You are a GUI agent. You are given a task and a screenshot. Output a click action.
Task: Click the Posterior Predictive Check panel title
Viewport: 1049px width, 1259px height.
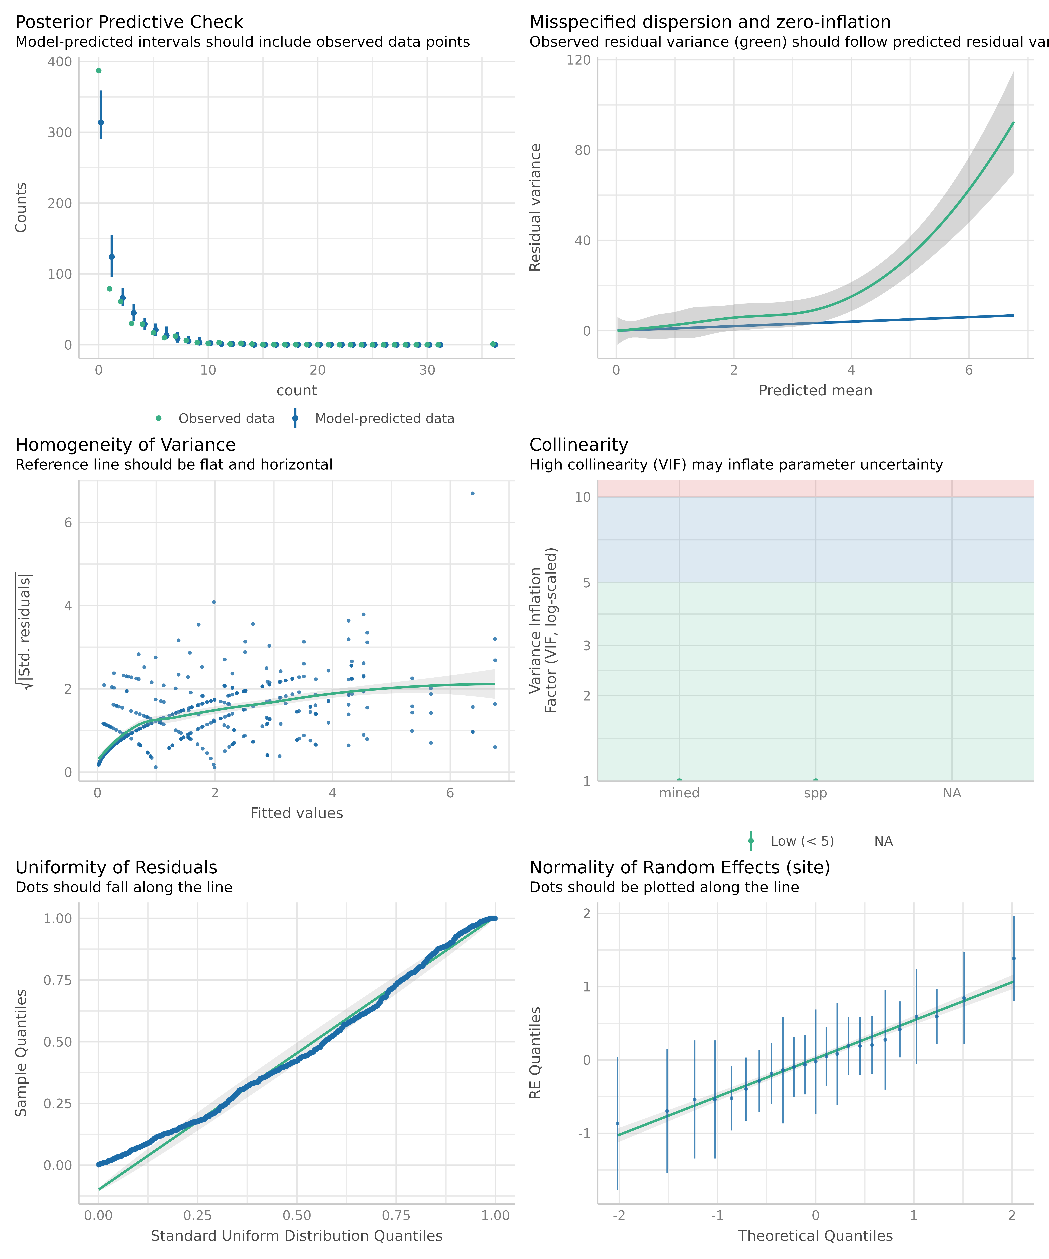tap(129, 22)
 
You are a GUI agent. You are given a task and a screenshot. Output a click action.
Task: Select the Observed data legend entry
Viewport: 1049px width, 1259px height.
tap(226, 418)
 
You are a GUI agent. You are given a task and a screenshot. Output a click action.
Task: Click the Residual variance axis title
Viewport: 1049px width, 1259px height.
tap(535, 207)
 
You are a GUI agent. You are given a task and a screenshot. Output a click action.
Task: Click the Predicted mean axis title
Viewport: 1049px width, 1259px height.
tap(815, 390)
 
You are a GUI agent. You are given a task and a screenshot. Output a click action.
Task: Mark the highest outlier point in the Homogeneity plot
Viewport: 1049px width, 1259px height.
tap(472, 493)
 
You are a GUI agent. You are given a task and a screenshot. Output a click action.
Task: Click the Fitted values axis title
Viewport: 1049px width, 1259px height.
tap(297, 813)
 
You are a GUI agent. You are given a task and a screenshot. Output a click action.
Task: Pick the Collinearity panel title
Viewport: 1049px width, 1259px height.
tap(579, 445)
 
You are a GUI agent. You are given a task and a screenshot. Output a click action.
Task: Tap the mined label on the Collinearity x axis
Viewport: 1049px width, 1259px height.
tap(679, 793)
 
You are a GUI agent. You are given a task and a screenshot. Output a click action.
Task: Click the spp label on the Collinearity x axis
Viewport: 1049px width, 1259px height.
tap(815, 793)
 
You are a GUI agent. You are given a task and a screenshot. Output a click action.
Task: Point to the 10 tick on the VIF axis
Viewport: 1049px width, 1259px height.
tap(583, 497)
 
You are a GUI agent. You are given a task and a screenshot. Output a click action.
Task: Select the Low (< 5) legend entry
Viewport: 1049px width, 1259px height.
tap(802, 841)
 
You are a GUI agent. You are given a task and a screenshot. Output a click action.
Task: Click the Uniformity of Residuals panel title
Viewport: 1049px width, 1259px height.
tap(116, 867)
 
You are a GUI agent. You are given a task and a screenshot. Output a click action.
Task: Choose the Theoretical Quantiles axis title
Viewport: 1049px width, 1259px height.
tap(815, 1236)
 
